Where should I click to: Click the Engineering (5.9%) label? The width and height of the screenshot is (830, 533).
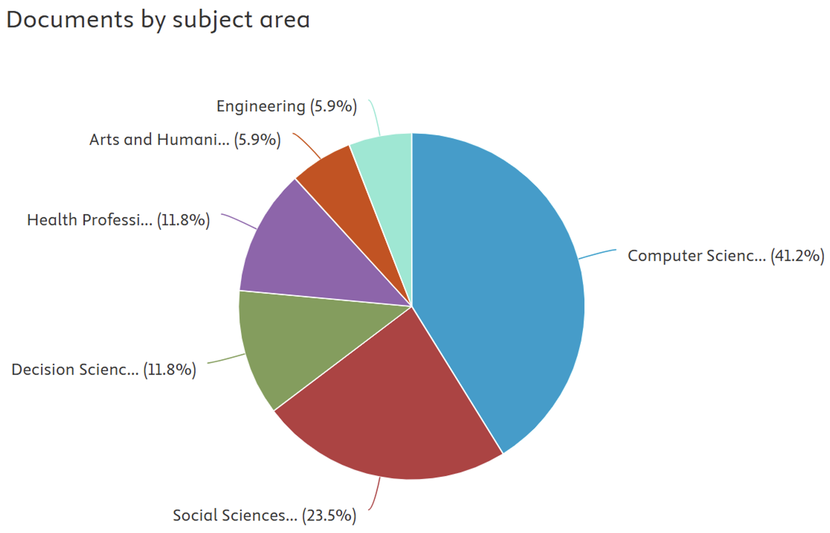coord(286,107)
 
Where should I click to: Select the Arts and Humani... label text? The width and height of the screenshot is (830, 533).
coord(159,140)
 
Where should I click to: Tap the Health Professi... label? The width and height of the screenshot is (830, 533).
coord(90,220)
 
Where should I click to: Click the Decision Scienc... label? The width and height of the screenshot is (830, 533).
coord(75,370)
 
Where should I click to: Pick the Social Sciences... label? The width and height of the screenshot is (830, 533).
coord(235,515)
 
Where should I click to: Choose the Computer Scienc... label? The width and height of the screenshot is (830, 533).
coord(696,256)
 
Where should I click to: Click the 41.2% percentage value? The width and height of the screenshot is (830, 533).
coord(797,256)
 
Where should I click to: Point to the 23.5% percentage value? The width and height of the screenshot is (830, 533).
coord(329,515)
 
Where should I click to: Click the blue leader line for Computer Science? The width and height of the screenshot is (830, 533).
coord(597,254)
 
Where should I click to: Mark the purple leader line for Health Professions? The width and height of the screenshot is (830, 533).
coord(240,221)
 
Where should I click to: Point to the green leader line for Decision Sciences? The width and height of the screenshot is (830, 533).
coord(226,359)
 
